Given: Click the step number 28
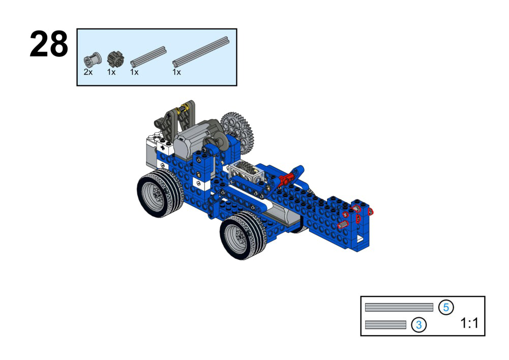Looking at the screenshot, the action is pos(49,44).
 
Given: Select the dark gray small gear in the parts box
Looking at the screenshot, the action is pos(115,59).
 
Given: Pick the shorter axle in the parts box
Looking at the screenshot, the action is pos(148,57).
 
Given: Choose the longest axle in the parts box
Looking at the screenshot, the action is pos(201,52).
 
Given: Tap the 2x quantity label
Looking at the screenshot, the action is pos(88,72).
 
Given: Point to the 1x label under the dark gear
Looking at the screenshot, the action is pos(111,72).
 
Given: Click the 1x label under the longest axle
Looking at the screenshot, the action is pos(176,72).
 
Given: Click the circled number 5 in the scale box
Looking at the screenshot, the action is pos(446,307).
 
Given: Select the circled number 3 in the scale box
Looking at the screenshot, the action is pos(419,324).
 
